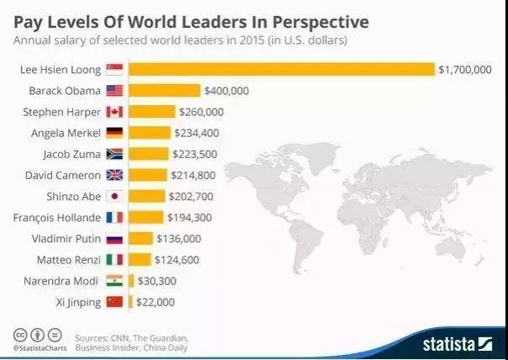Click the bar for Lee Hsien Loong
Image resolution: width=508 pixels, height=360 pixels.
point(282,69)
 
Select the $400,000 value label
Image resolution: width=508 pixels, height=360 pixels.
point(230,90)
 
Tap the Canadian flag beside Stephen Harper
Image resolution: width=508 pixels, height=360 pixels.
point(114,111)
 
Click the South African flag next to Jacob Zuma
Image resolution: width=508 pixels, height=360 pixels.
point(114,154)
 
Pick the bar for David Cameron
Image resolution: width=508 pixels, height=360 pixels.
point(148,175)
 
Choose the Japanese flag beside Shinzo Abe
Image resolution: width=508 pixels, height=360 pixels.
point(114,196)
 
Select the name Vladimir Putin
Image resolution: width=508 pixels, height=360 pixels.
point(68,238)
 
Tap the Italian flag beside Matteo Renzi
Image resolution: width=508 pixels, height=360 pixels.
point(114,259)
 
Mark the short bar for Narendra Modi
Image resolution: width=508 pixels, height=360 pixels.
point(131,280)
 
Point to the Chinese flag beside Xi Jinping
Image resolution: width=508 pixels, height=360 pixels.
point(114,301)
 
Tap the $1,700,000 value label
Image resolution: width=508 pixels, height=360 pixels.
point(464,69)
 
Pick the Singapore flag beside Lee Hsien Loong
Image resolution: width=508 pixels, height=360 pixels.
point(114,69)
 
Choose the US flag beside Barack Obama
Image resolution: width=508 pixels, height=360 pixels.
point(114,90)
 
